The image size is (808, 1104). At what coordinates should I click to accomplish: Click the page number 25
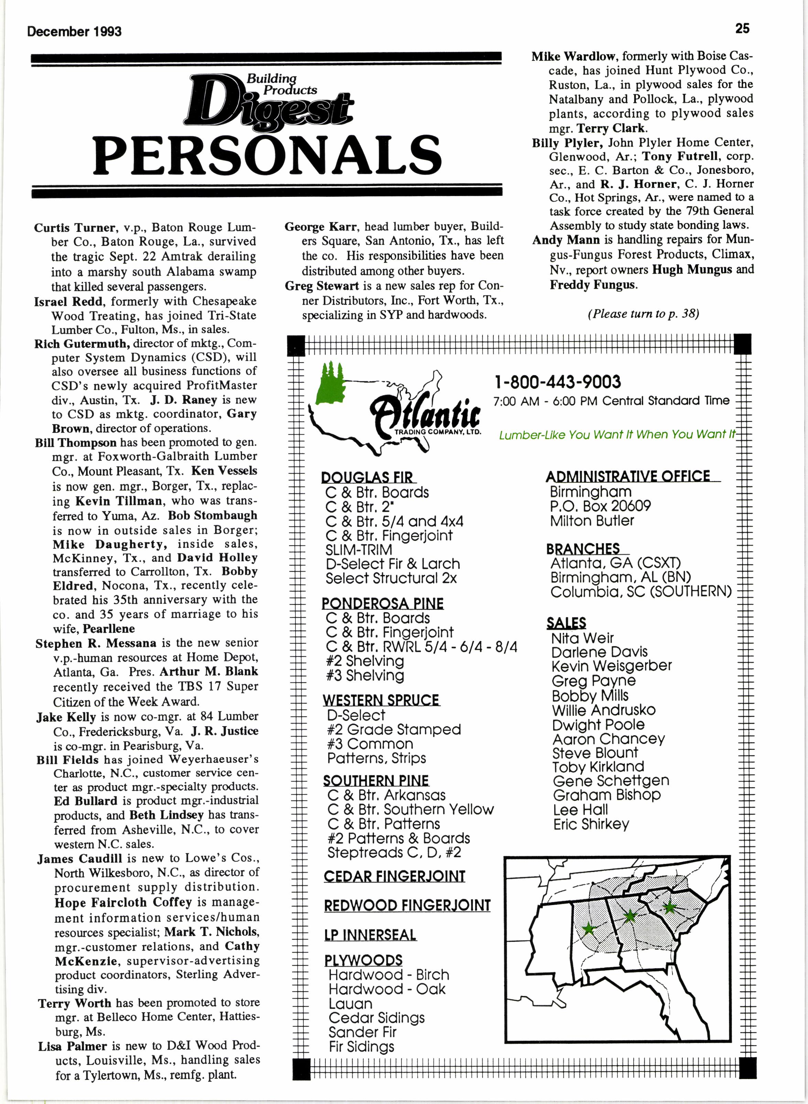coord(742,29)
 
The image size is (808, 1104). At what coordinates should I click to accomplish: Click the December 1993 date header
coord(74,32)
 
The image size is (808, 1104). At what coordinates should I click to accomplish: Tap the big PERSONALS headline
coord(268,155)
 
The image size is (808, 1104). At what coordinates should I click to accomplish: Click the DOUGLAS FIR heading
coord(367,477)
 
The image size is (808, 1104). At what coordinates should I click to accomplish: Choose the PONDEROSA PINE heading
coord(383,603)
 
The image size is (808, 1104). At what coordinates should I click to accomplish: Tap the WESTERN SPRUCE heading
coord(381,700)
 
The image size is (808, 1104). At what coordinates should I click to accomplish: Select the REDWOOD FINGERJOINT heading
coord(407,906)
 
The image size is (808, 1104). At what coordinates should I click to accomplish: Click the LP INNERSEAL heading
coord(370,935)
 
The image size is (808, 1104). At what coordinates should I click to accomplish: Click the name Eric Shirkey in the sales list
coord(591,824)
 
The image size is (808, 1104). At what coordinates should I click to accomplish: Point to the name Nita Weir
coord(582,638)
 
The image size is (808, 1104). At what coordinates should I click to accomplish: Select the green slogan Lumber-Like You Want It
coord(617,435)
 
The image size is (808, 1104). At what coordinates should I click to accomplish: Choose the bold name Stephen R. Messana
coord(96,643)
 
